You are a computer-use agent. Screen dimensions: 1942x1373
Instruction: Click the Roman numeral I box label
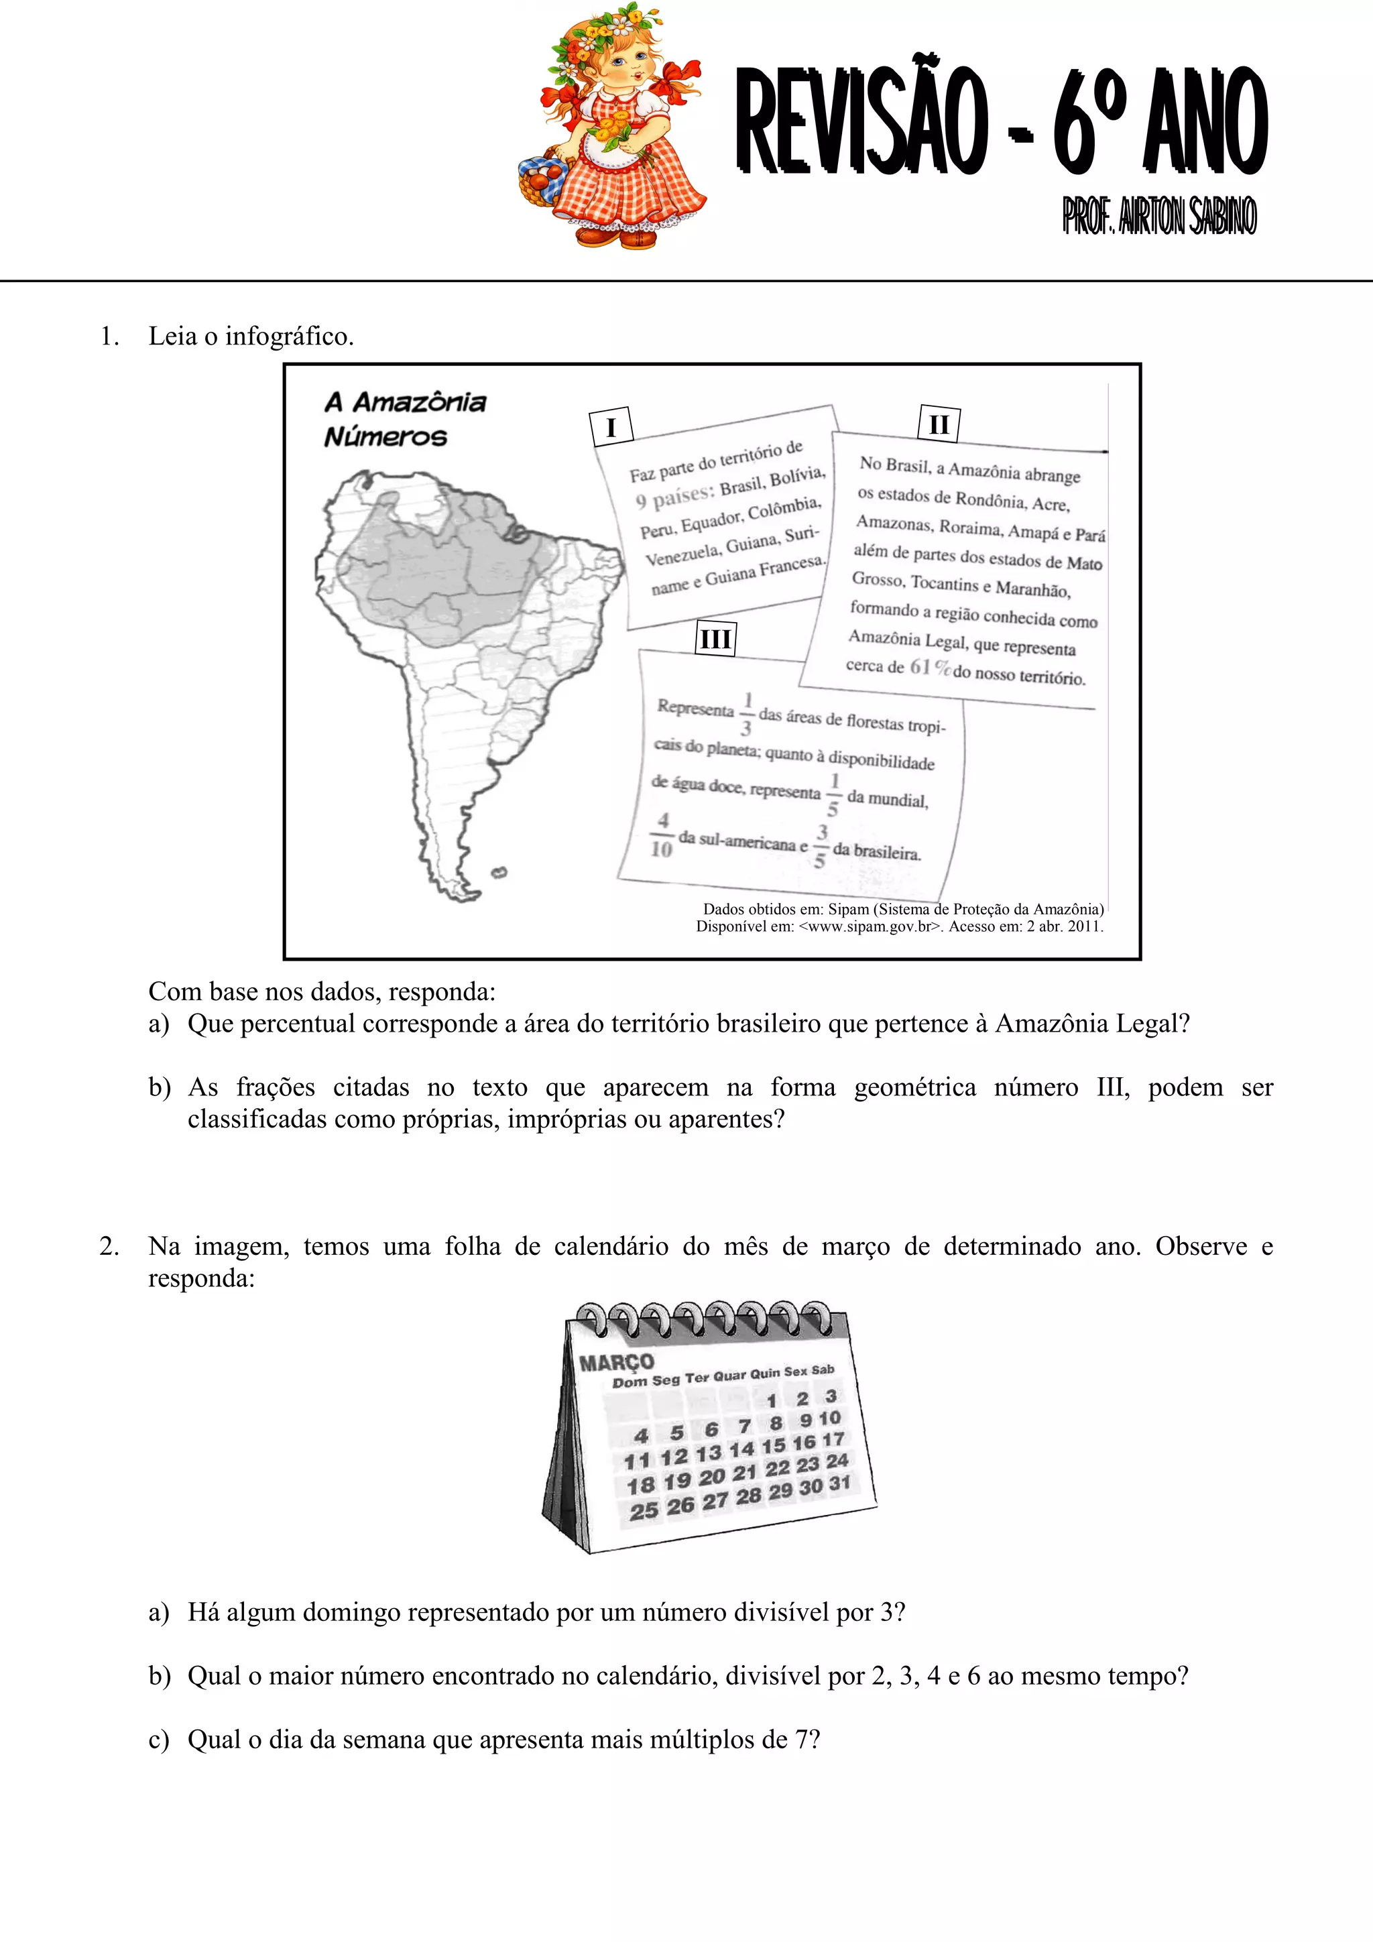pyautogui.click(x=611, y=427)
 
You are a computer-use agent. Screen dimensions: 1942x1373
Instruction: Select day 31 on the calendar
pyautogui.click(x=839, y=1483)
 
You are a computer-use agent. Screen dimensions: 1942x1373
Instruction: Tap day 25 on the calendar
pyautogui.click(x=643, y=1511)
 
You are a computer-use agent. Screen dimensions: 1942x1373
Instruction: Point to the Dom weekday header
pyautogui.click(x=630, y=1382)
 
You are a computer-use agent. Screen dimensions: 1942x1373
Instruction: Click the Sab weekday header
pyautogui.click(x=823, y=1370)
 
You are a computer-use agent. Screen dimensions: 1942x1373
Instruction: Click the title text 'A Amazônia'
pyautogui.click(x=405, y=402)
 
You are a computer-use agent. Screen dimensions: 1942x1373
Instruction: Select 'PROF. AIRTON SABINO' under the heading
pyautogui.click(x=1159, y=217)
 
